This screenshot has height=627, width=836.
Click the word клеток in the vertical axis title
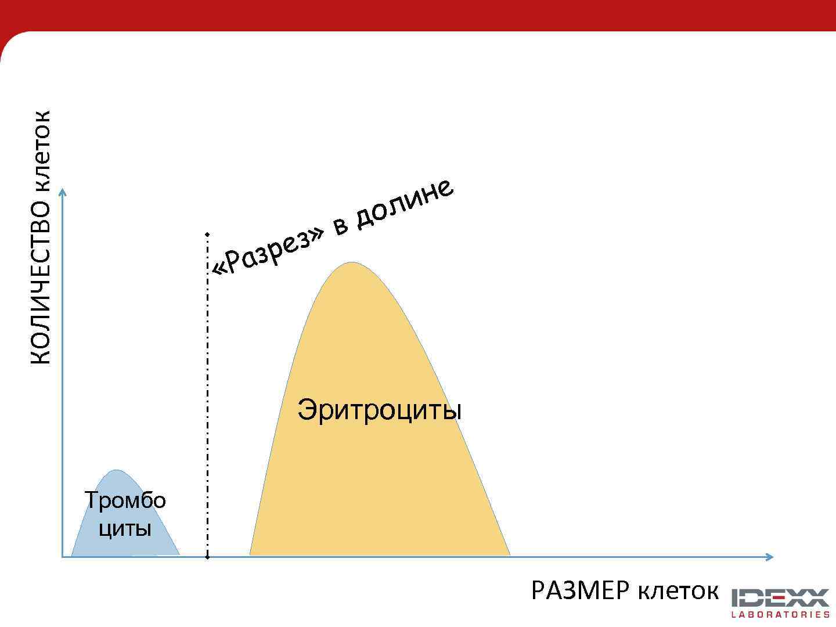click(x=41, y=150)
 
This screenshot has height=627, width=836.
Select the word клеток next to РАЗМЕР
click(x=678, y=591)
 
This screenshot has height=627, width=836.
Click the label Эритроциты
click(x=379, y=409)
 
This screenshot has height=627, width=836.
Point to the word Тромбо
click(x=125, y=500)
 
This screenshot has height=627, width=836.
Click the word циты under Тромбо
click(x=125, y=528)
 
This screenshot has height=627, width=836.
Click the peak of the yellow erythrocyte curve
click(x=351, y=263)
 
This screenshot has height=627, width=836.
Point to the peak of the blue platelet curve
click(x=117, y=471)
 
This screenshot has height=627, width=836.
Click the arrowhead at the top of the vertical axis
click(x=63, y=191)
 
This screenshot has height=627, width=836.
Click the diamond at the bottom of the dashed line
click(x=207, y=557)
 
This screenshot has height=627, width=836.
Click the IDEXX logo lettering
click(x=780, y=598)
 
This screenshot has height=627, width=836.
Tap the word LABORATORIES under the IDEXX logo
click(x=780, y=614)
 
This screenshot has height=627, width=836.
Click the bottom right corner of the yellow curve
click(x=509, y=554)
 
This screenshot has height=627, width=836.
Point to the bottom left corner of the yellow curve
click(x=251, y=554)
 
